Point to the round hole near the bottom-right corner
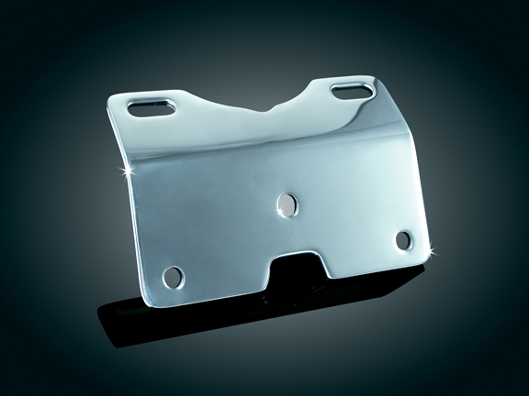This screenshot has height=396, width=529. click(403, 239)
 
